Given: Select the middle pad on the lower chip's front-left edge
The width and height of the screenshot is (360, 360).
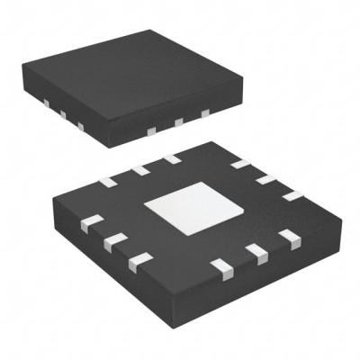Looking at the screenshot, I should tap(113, 241).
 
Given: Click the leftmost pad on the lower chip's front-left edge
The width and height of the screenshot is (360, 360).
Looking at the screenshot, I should tap(89, 224).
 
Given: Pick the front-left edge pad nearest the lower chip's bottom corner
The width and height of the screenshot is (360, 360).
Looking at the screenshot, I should tap(139, 261).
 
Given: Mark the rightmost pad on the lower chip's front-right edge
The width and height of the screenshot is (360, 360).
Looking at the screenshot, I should tap(289, 238).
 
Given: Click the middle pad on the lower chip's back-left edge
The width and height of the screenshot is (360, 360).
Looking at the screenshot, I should tap(139, 169).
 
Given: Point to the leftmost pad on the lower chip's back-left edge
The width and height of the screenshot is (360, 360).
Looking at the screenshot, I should tap(108, 182).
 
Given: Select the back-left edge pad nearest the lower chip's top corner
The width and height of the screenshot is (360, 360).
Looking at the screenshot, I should tap(171, 158).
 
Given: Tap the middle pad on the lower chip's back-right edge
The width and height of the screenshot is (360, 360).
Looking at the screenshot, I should tap(266, 179).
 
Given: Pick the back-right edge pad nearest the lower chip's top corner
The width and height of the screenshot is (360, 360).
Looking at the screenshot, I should tap(240, 164).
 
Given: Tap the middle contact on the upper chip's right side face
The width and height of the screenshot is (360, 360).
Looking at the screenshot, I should tap(179, 121).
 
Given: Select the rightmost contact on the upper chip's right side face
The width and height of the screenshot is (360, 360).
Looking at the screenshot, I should tap(205, 112).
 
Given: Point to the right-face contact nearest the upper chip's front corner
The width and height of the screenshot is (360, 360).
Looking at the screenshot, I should tap(151, 130).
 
